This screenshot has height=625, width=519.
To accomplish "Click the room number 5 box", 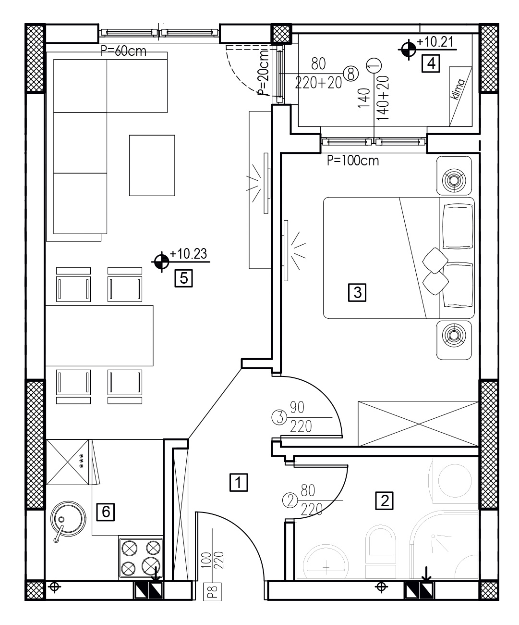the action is tap(183, 278).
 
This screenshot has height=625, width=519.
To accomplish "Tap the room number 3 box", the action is tap(357, 292).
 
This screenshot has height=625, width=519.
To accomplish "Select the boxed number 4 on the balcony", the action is tap(431, 64).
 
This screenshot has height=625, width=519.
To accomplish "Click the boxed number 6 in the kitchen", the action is tap(106, 512).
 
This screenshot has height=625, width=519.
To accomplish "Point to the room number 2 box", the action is tap(384, 501).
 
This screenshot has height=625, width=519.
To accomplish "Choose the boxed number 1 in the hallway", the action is tap(239, 482).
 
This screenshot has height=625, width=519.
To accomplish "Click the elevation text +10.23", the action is tap(188, 254).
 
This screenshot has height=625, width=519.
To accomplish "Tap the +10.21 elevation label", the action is tap(435, 42).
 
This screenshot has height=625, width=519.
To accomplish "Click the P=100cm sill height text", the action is tap(353, 161).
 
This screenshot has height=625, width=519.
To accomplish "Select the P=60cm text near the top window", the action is tap(123, 51).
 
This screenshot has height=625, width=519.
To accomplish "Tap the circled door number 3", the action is tap(279, 417).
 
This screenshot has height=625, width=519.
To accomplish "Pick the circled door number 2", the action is tap(290, 500).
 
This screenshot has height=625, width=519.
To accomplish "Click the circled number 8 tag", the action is tap(351, 74).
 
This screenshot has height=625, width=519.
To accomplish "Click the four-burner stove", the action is tap(141, 558).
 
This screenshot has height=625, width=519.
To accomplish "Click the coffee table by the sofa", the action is tap(152, 165).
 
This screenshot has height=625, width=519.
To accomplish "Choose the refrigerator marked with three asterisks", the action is tap(68, 462).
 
